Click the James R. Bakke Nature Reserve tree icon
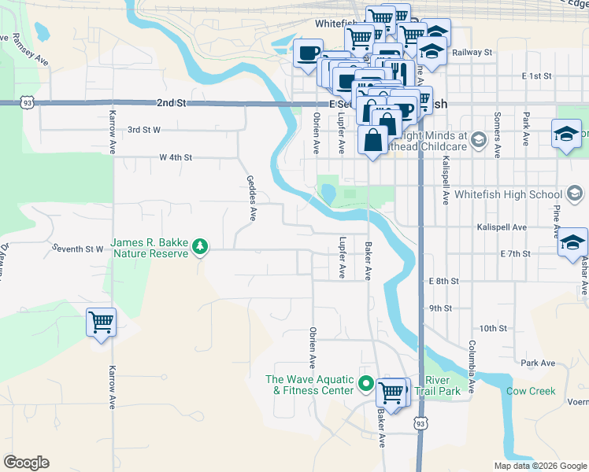click(x=201, y=248)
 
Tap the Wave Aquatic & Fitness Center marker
click(x=365, y=385)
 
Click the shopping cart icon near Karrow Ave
click(x=102, y=323)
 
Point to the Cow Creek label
click(x=530, y=391)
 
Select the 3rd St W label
click(x=144, y=130)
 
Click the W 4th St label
click(x=176, y=157)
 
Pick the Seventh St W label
click(x=78, y=249)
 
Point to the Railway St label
click(x=472, y=53)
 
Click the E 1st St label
click(x=536, y=76)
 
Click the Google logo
click(x=26, y=463)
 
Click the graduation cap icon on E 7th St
click(x=572, y=244)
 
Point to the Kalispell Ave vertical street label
click(x=446, y=180)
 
